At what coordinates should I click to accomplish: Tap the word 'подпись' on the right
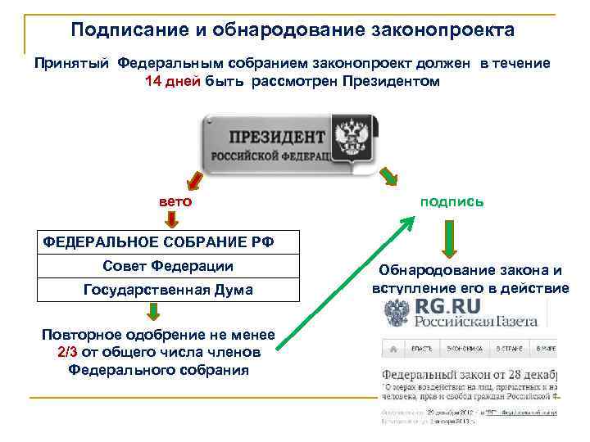(x=452, y=201)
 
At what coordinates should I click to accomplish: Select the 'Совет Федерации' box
(x=168, y=266)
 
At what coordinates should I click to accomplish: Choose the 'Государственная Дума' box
(x=168, y=290)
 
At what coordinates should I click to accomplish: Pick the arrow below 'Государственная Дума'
(x=154, y=312)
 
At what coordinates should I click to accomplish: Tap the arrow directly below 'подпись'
(x=450, y=241)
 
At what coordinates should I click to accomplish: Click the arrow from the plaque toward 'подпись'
(x=388, y=174)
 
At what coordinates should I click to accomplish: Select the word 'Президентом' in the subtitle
(x=391, y=82)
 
